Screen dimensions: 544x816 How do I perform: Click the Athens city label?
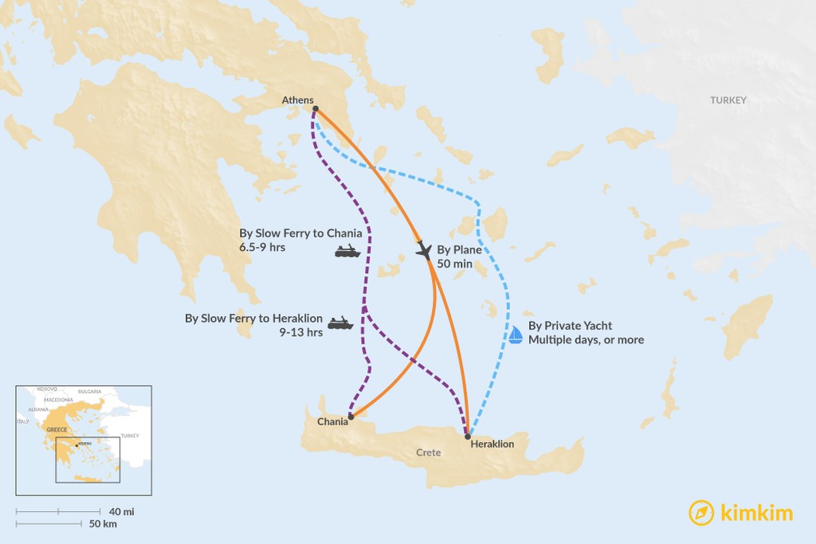pos(297,100)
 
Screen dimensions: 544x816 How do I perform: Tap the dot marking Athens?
pos(316,108)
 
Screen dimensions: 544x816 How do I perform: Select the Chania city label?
pos(332,421)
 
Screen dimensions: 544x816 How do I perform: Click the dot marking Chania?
pos(351,416)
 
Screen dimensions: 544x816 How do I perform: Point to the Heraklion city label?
pos(492,444)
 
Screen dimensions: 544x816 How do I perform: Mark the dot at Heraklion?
pos(468,436)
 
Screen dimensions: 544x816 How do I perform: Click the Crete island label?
pos(428,452)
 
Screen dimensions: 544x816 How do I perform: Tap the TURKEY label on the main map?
pos(728,100)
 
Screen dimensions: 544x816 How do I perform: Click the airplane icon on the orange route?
pos(424,251)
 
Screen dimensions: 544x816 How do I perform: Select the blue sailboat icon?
pos(516,335)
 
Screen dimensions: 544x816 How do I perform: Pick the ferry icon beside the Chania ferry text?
pos(347,252)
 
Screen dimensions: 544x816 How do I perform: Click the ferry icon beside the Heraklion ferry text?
pos(340,323)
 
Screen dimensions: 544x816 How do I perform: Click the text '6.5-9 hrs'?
pos(262,248)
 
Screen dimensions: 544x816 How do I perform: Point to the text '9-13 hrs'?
pos(301,333)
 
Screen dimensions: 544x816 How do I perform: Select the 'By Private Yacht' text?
pos(570,326)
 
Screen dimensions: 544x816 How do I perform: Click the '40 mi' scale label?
pos(122,511)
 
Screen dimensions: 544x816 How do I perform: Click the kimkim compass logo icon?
pos(701,512)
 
